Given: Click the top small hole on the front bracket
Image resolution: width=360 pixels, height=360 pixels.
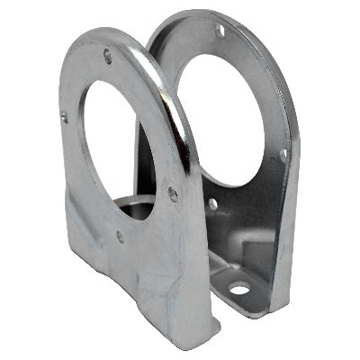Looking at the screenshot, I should (108, 56).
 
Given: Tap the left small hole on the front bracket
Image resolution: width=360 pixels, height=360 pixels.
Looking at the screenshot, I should (64, 116).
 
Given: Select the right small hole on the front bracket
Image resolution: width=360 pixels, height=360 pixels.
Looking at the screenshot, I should (172, 193).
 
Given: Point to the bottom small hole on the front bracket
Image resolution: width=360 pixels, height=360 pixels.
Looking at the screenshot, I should (120, 237).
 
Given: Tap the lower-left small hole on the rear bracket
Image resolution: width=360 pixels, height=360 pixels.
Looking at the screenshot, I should (212, 204).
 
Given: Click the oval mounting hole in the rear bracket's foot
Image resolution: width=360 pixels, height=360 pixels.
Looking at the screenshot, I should (238, 290).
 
